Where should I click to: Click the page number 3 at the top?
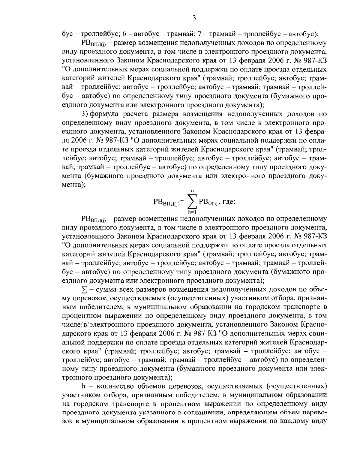point(194,18)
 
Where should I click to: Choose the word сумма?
point(107,290)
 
